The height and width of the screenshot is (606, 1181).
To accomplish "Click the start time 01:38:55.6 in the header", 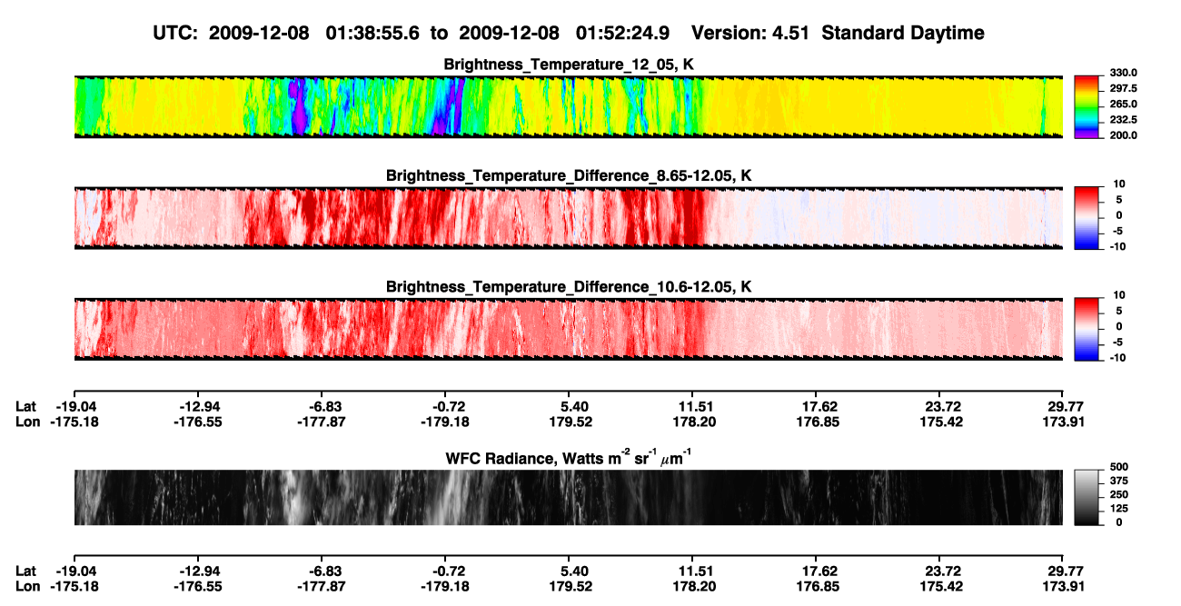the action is point(372,34).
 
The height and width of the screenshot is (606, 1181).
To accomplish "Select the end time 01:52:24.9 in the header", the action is point(622,34).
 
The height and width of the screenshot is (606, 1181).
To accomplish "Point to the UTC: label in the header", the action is point(175,34).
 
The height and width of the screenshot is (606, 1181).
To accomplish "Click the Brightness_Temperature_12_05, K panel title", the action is point(569,65).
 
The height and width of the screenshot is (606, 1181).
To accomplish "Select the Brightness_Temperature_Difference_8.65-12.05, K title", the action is point(569,175).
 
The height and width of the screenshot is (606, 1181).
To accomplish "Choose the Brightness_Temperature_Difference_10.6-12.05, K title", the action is point(569,287).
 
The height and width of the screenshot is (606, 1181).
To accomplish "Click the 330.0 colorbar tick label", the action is point(1123,73).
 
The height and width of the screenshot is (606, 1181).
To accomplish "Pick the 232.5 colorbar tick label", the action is point(1123,120).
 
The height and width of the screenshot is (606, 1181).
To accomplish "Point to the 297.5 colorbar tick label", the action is point(1123,89).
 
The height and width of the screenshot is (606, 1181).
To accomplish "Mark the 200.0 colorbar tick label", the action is point(1123,135).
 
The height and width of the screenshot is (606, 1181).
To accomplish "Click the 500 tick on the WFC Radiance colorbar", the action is point(1119,467).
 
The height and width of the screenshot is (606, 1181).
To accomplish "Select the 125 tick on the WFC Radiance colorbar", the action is point(1119,509).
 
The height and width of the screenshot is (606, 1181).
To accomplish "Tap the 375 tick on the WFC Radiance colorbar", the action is point(1119,481).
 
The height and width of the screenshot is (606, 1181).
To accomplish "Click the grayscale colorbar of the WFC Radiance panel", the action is point(1087,497).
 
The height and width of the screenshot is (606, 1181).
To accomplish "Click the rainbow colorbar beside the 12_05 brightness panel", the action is point(1087,107).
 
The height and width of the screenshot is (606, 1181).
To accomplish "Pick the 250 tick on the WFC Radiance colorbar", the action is point(1119,495).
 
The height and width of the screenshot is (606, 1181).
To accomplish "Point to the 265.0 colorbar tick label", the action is point(1123,104).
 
